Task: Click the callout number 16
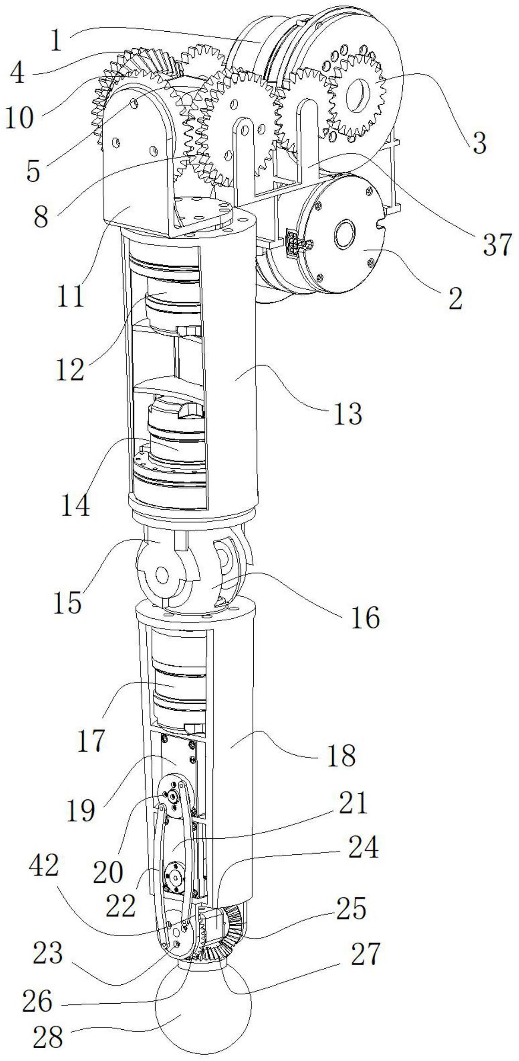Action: (365, 618)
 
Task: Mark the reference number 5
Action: (33, 172)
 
